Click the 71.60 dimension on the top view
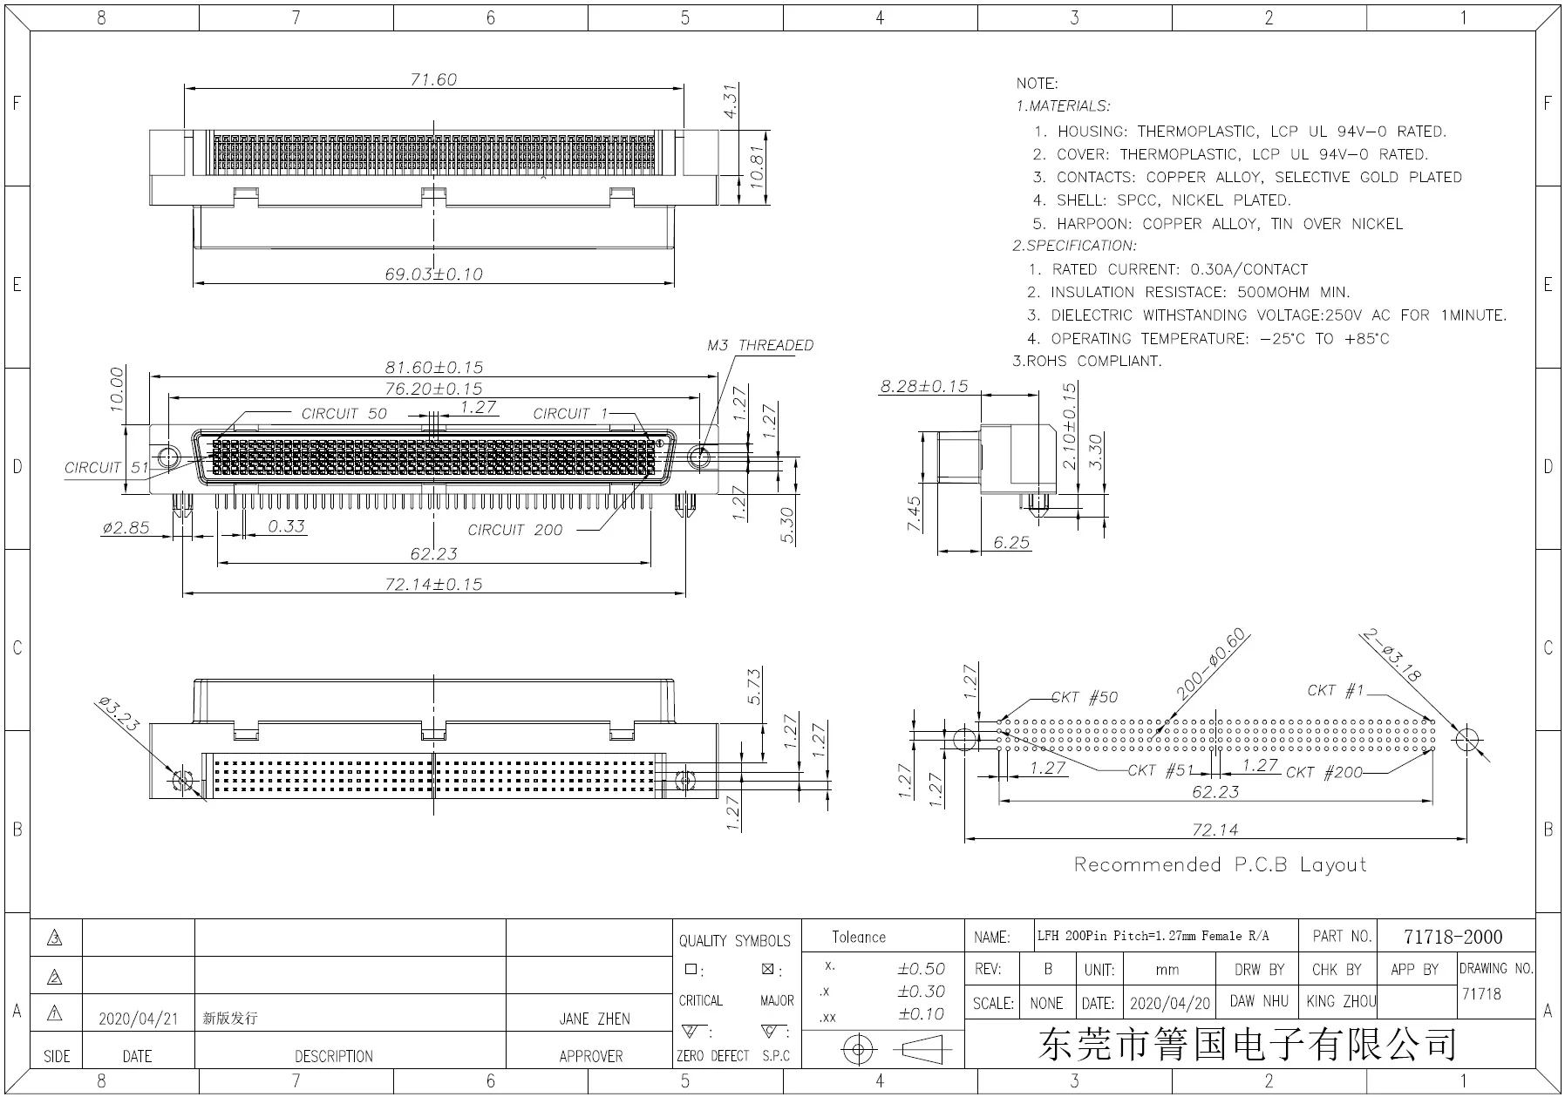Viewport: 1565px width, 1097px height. [x=433, y=79]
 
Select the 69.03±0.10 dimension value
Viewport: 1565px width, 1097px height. [x=433, y=274]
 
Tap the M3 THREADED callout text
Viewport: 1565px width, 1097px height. [x=759, y=345]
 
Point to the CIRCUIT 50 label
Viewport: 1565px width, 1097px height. [x=344, y=413]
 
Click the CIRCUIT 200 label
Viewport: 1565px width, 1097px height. [x=514, y=530]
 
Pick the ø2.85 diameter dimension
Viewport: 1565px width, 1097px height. [x=126, y=527]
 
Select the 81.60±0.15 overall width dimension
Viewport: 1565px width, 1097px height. [x=433, y=367]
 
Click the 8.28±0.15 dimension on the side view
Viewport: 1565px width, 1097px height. [x=923, y=386]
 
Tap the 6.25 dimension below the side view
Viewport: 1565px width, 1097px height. [x=1010, y=542]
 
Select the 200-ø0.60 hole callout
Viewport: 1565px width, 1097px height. [x=1211, y=664]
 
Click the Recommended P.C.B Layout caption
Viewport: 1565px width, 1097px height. [x=1219, y=864]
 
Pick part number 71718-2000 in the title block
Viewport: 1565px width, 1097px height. [x=1453, y=937]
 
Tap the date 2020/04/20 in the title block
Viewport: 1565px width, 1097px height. [x=1169, y=1003]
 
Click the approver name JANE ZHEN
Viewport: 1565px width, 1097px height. [x=594, y=1018]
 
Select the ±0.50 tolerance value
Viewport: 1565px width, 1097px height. [x=921, y=968]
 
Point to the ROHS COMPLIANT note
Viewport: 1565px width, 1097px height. [x=1086, y=361]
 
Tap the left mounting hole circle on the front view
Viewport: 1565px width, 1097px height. [x=167, y=457]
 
